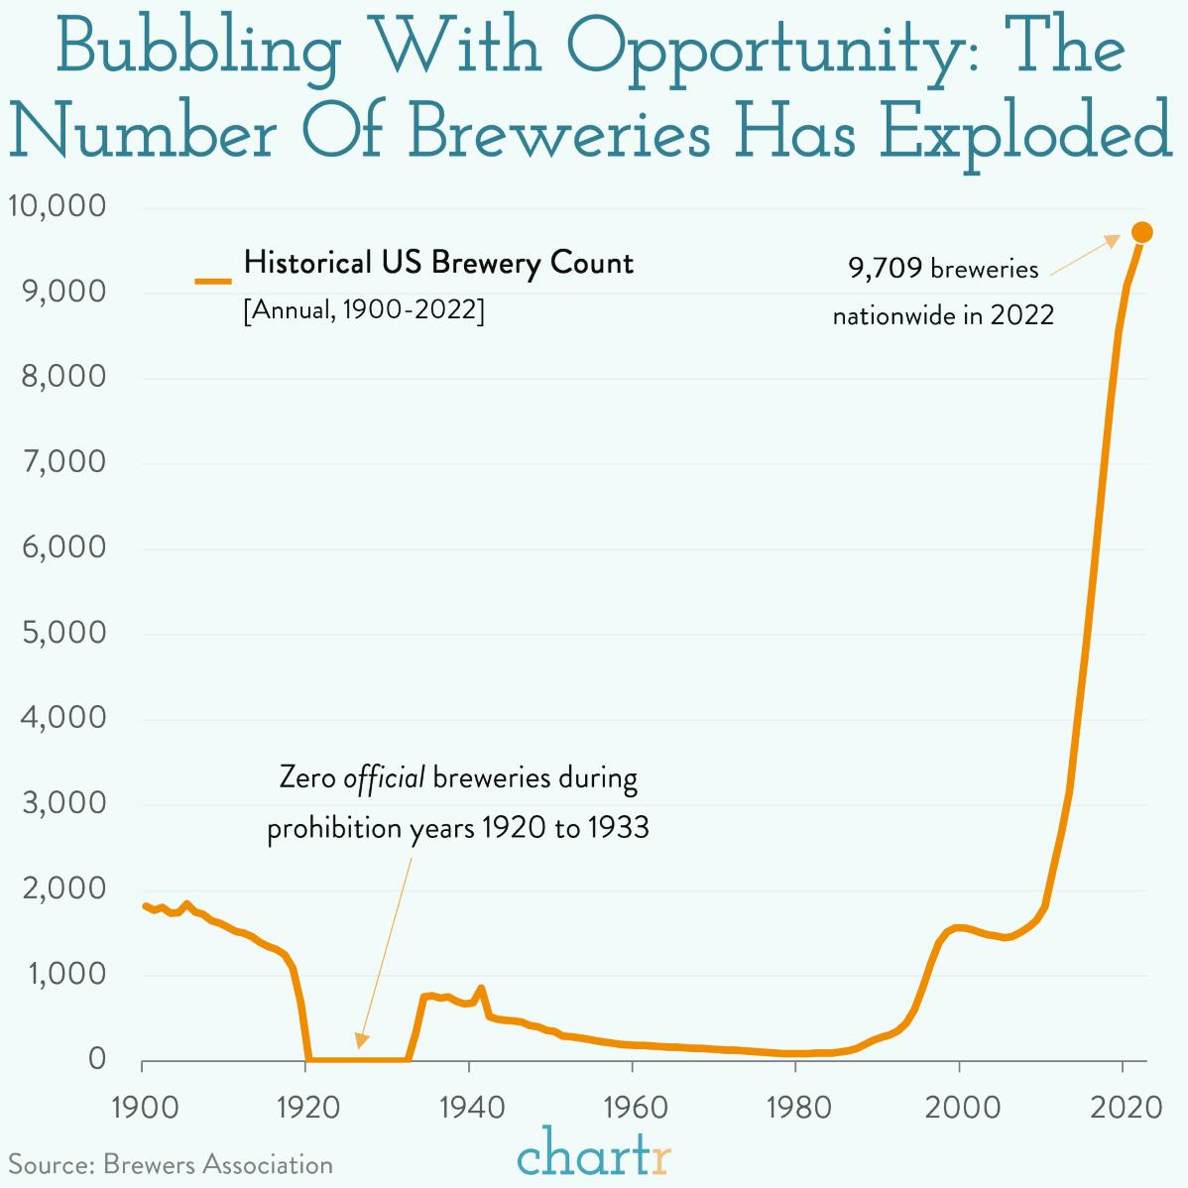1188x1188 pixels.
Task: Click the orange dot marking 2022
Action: pyautogui.click(x=1141, y=232)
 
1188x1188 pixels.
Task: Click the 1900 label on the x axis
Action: pyautogui.click(x=143, y=1106)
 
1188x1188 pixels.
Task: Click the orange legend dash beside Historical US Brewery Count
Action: pyautogui.click(x=213, y=282)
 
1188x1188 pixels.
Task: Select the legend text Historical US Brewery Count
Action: pyautogui.click(x=438, y=263)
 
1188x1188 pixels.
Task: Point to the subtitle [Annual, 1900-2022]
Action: pyautogui.click(x=364, y=310)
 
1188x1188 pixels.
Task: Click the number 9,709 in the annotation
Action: pyautogui.click(x=886, y=269)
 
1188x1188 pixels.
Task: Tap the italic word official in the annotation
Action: pyautogui.click(x=385, y=777)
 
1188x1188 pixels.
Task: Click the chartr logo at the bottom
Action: pyautogui.click(x=594, y=1152)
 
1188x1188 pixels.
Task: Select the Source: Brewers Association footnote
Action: pyautogui.click(x=171, y=1164)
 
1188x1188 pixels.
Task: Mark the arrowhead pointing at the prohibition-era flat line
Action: pyautogui.click(x=362, y=1040)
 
